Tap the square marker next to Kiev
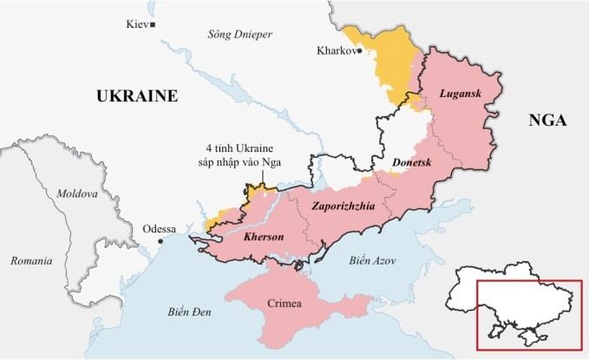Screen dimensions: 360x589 pos(153,25)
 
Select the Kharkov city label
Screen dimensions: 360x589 pos(337,51)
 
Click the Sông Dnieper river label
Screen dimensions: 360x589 pos(240,35)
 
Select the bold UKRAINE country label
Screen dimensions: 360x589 pos(137,95)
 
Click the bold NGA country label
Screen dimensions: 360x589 pos(547,121)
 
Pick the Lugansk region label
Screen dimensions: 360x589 pos(460,93)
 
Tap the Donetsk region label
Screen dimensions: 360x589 pos(412,162)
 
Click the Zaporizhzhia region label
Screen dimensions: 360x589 pos(346,206)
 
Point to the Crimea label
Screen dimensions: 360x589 pos(285,303)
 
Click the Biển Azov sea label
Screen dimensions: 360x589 pos(370,260)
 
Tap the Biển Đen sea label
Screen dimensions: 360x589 pos(191,311)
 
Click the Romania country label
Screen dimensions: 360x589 pos(30,260)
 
